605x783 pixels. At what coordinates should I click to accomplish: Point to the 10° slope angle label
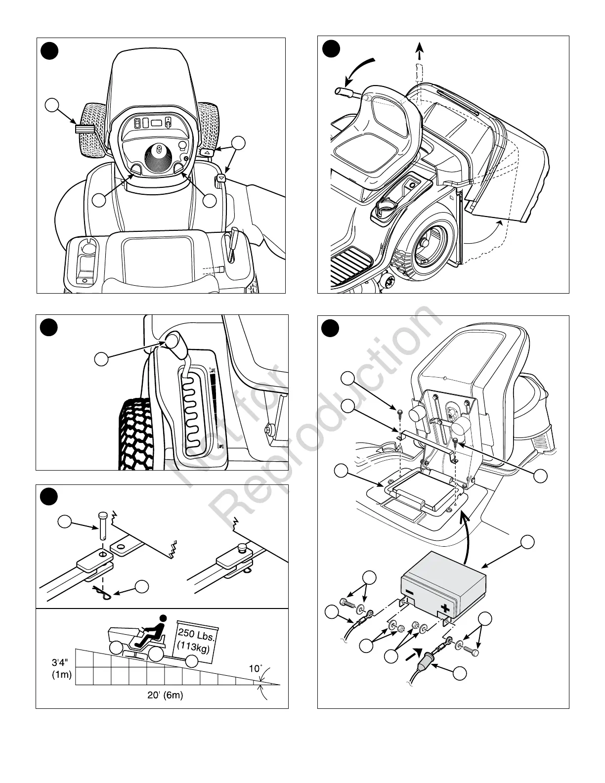(255, 669)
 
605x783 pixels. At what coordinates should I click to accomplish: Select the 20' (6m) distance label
(165, 695)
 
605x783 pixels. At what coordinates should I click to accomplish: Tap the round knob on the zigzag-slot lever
(173, 342)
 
